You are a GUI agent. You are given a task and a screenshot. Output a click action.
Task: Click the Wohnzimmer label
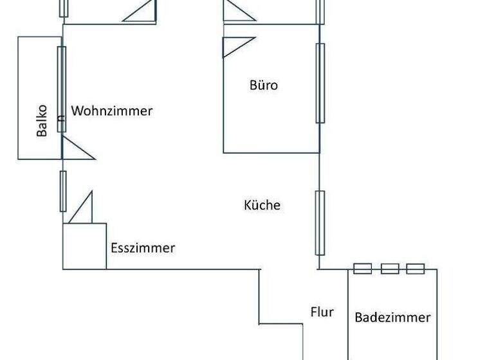click(x=112, y=111)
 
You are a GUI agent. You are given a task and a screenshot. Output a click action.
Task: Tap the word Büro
click(x=264, y=85)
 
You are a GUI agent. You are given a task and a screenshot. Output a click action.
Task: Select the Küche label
click(x=262, y=206)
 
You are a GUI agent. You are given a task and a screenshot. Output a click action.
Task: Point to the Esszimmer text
click(x=143, y=248)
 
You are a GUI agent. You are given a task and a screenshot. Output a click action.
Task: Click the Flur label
click(x=322, y=312)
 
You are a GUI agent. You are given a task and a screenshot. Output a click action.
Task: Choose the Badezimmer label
click(x=392, y=317)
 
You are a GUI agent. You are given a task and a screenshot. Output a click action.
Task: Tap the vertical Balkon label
click(x=42, y=120)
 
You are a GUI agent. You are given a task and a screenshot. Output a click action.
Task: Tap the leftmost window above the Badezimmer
click(x=363, y=269)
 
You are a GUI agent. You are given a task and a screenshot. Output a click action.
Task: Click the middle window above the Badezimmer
click(x=390, y=269)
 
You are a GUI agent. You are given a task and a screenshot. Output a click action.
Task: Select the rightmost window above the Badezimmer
click(x=416, y=269)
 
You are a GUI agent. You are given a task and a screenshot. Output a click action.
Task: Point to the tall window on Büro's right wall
click(x=320, y=82)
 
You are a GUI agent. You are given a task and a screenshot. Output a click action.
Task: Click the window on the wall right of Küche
click(x=320, y=222)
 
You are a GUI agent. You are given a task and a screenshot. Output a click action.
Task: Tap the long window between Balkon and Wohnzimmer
click(x=62, y=89)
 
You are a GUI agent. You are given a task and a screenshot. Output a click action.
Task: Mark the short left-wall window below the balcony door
click(x=62, y=191)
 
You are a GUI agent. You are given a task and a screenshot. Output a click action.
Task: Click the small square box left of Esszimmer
click(x=84, y=246)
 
